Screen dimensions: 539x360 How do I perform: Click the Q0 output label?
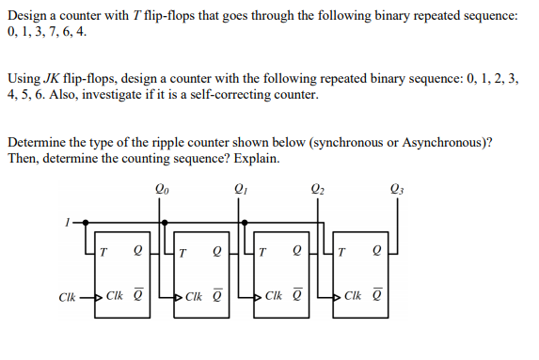pos(162,189)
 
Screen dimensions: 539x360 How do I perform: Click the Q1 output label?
pos(241,189)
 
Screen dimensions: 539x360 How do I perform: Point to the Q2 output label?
pos(317,189)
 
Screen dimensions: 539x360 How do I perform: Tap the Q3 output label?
pos(397,189)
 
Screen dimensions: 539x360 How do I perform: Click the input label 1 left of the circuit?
pos(68,223)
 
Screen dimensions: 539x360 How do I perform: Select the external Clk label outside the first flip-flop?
pos(67,297)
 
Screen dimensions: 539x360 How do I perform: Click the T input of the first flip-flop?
pos(103,253)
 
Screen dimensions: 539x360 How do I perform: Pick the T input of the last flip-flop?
pos(341,253)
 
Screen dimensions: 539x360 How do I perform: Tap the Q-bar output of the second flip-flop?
pos(217,295)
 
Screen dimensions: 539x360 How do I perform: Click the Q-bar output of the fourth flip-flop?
pos(376,295)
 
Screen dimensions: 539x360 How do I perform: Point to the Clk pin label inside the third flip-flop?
pos(274,295)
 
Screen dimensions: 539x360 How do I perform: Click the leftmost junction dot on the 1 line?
pos(86,223)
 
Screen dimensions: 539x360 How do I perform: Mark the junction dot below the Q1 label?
pos(245,223)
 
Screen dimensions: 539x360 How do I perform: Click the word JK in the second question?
pos(52,79)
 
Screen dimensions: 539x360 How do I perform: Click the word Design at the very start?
pos(26,16)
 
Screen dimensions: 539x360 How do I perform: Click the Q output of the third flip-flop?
pos(296,252)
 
